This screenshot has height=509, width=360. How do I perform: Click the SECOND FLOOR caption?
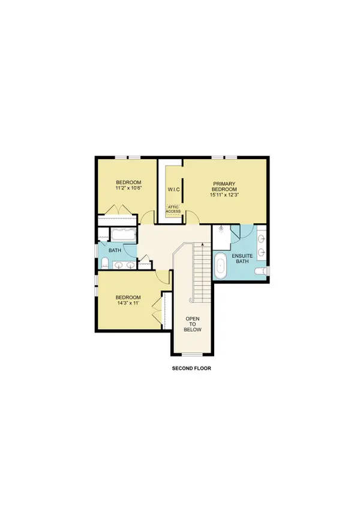(x=190, y=369)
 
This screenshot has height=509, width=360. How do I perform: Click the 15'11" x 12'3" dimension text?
(x=225, y=194)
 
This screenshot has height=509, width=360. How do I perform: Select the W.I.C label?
(x=174, y=190)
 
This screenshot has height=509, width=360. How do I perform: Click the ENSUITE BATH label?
(x=242, y=258)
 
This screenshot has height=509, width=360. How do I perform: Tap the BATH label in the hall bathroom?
(x=115, y=249)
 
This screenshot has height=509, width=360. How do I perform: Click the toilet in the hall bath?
(x=105, y=263)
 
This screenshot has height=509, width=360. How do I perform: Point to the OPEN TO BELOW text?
(x=193, y=323)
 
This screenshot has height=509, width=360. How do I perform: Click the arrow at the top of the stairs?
(x=203, y=244)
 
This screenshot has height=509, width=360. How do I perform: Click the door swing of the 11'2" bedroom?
(x=148, y=218)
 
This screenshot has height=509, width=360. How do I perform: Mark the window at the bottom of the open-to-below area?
(x=193, y=352)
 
